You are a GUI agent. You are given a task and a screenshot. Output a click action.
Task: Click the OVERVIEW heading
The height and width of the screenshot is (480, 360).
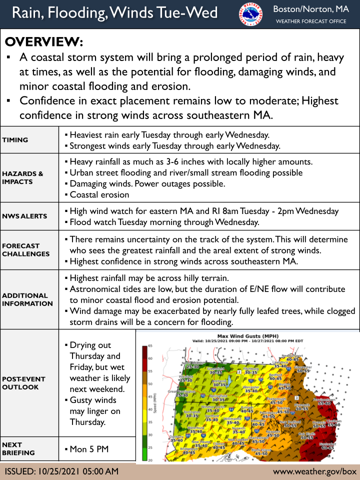(x=44, y=41)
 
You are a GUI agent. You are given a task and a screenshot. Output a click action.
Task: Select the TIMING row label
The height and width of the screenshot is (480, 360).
(x=15, y=140)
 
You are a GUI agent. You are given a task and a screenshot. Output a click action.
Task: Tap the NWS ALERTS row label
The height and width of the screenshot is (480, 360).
(x=24, y=216)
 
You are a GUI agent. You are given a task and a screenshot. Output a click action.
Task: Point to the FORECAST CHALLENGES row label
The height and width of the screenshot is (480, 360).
(x=25, y=249)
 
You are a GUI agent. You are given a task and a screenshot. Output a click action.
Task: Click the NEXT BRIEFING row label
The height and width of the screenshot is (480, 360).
(x=18, y=448)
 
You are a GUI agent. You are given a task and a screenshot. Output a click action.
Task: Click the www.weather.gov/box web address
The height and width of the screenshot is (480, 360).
(x=314, y=471)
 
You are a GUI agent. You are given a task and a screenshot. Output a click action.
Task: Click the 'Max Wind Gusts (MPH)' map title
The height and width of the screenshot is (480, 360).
(x=248, y=335)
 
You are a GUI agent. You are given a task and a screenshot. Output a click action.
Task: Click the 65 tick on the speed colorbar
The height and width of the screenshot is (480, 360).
(x=149, y=345)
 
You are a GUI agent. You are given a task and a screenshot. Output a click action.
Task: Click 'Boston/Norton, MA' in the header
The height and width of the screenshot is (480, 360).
(x=311, y=9)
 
